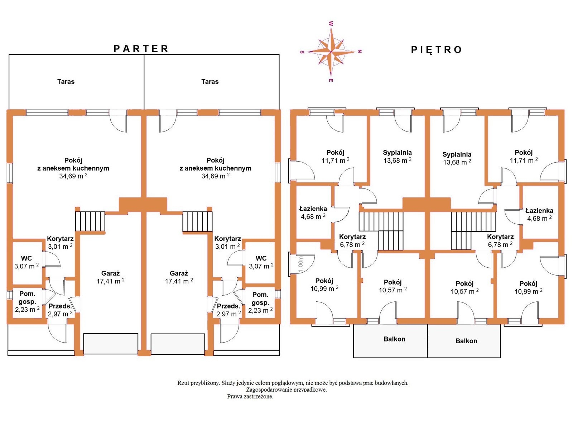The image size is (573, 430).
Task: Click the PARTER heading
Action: [x=141, y=49]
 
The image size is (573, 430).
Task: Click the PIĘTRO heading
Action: [x=436, y=49]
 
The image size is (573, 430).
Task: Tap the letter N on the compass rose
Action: [x=360, y=51]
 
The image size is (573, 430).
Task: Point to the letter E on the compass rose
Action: [x=331, y=80]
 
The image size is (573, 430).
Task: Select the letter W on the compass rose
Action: [x=331, y=24]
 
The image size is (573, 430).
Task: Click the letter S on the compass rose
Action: [x=302, y=52]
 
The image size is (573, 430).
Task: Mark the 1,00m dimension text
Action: [x=300, y=264]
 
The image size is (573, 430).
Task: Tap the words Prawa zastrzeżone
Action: [x=250, y=396]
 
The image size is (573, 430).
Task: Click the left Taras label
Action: [x=66, y=82]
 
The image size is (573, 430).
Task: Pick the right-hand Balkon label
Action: [x=466, y=341]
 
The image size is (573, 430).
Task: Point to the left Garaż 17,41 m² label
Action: [x=110, y=277]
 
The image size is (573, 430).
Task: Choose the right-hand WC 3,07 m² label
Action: [x=261, y=262]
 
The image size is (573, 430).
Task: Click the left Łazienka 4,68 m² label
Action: [x=313, y=212]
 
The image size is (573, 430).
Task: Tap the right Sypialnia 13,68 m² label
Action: [x=457, y=158]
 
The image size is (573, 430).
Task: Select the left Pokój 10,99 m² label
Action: [x=324, y=285]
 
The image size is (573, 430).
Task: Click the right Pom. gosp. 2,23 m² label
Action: [x=260, y=302]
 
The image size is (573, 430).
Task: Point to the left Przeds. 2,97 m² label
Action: [x=60, y=310]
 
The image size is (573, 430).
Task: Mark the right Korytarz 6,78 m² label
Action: [x=500, y=241]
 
